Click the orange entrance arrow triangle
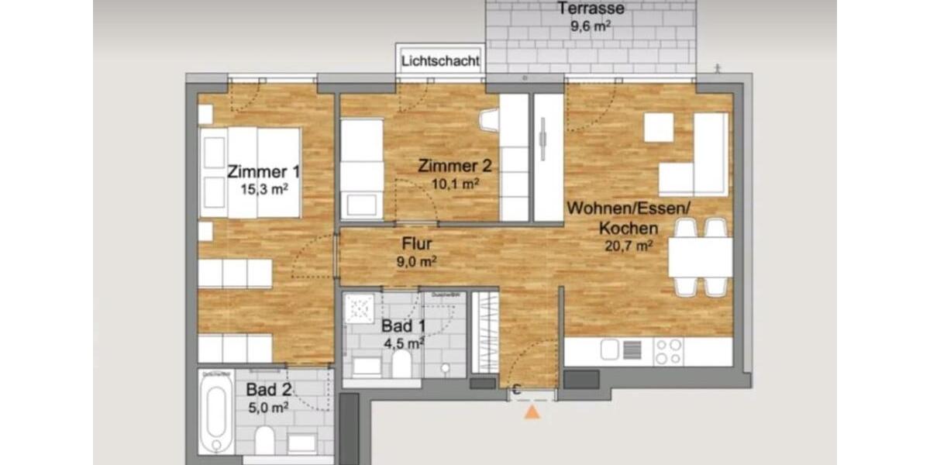(532, 412)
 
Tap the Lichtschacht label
(440, 60)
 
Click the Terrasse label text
(591, 9)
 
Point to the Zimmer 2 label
(454, 166)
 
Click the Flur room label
(416, 245)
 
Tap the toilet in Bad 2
(264, 439)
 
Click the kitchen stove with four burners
(668, 351)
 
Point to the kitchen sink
(611, 351)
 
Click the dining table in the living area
(700, 257)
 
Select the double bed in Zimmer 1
(250, 173)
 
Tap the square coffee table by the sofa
(659, 128)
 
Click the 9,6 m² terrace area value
(591, 25)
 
